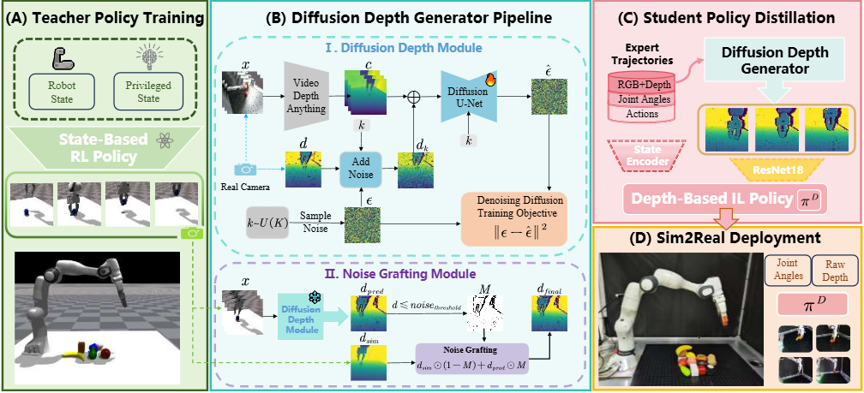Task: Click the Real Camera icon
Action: click(x=248, y=171)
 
